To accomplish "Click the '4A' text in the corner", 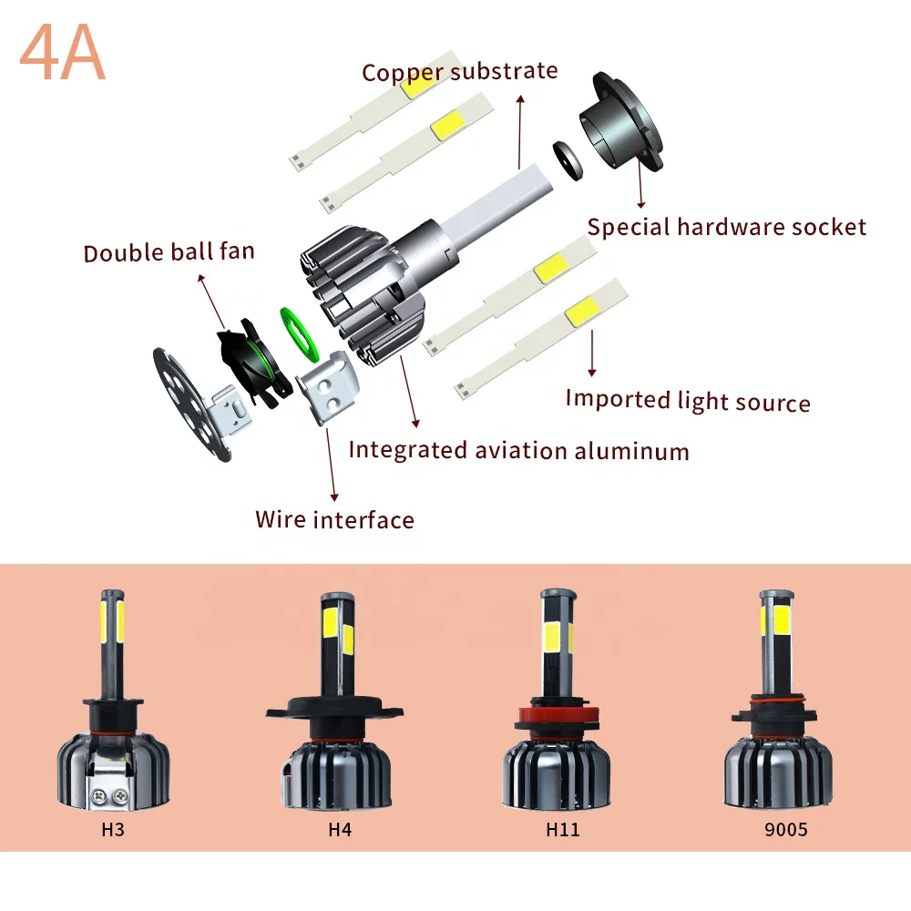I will [x=62, y=55].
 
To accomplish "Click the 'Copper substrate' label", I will [x=459, y=71].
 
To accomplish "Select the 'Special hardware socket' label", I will [x=726, y=227].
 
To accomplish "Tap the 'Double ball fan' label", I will [x=169, y=251].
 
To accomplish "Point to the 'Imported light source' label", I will [x=687, y=400].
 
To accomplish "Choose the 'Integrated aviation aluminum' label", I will [x=518, y=450].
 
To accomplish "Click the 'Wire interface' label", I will [x=334, y=520].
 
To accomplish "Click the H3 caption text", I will [x=113, y=830].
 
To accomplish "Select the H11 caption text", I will [x=562, y=830].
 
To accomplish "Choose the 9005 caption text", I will [x=785, y=830].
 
